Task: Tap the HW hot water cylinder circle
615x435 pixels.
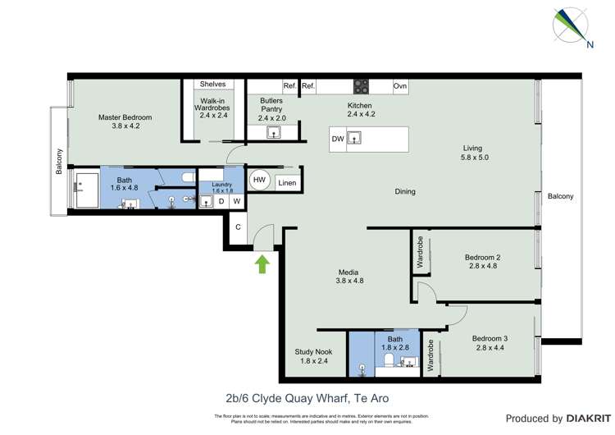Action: (260, 180)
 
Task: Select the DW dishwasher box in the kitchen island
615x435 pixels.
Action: (338, 140)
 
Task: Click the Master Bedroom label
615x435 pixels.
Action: (125, 117)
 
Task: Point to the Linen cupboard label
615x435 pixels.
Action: (286, 183)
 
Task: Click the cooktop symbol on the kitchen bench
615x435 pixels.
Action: (360, 85)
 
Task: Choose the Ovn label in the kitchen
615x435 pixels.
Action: (399, 85)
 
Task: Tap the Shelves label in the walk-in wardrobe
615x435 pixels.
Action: (212, 85)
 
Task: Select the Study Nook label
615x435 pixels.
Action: (313, 351)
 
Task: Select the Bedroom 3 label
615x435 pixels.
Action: (490, 338)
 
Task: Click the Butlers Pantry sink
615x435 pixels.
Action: (272, 131)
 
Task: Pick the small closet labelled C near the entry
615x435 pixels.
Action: (238, 227)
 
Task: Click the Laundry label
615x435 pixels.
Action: (222, 185)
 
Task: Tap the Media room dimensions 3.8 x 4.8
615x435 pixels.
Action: (349, 281)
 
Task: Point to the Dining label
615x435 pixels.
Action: (405, 191)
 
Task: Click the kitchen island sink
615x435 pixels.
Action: (354, 140)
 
